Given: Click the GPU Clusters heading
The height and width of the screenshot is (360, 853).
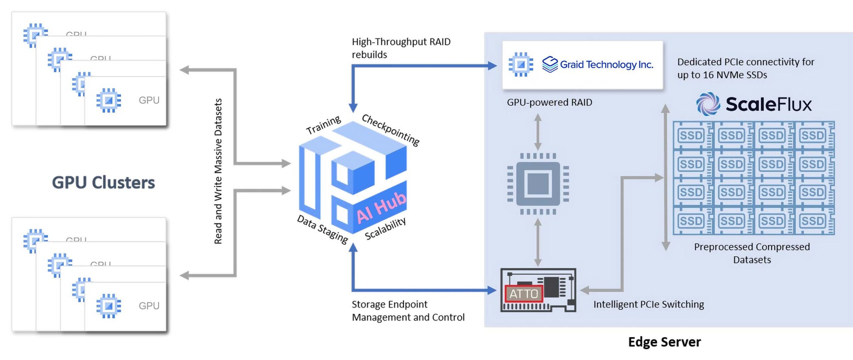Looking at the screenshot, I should pyautogui.click(x=103, y=182).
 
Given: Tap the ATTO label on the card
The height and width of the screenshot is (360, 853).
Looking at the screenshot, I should pyautogui.click(x=524, y=293).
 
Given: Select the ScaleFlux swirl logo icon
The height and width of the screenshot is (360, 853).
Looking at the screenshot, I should pyautogui.click(x=708, y=104).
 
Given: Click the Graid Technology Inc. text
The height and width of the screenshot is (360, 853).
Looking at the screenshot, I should pyautogui.click(x=606, y=65).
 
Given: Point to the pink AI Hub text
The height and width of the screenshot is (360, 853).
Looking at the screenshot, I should pyautogui.click(x=382, y=207).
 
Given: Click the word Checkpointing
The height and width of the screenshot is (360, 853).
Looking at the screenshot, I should pyautogui.click(x=391, y=130).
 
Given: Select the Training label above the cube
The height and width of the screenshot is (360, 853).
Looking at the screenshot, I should pyautogui.click(x=324, y=125).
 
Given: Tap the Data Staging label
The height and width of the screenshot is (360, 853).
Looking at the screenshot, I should pyautogui.click(x=323, y=229).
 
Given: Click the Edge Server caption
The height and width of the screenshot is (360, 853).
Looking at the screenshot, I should pyautogui.click(x=664, y=342).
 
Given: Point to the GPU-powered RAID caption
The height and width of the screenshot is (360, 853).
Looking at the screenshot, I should pyautogui.click(x=549, y=102).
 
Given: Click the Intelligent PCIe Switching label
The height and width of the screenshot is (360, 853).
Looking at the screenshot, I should pyautogui.click(x=648, y=304).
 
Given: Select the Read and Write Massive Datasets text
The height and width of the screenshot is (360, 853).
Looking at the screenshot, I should pyautogui.click(x=218, y=171).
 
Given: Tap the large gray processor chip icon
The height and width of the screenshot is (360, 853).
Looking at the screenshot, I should pyautogui.click(x=538, y=184).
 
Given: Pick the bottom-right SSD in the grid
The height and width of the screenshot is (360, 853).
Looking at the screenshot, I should pyautogui.click(x=813, y=221).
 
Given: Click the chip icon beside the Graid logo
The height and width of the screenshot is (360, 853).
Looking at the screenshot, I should pyautogui.click(x=521, y=64).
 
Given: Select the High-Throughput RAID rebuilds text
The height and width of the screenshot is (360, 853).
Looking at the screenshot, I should pyautogui.click(x=401, y=48).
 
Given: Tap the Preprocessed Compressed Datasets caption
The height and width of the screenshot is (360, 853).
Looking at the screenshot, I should pyautogui.click(x=752, y=253).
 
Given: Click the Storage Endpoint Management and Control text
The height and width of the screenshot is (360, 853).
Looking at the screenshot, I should pyautogui.click(x=408, y=311).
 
